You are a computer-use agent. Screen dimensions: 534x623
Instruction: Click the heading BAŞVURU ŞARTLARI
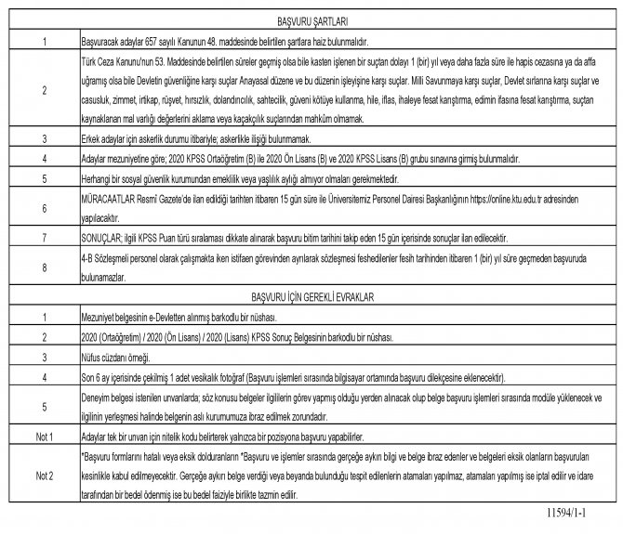pos(312,20)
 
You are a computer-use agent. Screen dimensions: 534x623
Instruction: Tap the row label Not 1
pos(44,436)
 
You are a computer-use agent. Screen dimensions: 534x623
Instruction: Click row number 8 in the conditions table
pos(44,270)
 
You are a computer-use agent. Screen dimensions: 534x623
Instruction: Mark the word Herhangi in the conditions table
pos(98,178)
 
